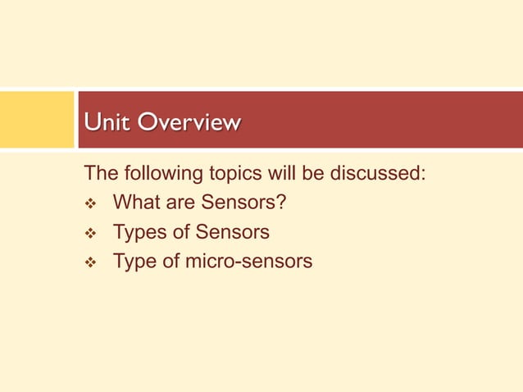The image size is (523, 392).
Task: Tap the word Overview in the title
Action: (189, 123)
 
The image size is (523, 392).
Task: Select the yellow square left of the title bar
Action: (36, 119)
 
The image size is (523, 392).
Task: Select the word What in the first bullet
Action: (138, 203)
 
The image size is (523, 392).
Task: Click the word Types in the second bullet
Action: (141, 232)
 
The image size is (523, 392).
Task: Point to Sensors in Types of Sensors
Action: (232, 232)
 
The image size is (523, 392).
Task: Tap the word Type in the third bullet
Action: (136, 262)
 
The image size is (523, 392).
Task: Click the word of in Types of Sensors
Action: (183, 232)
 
